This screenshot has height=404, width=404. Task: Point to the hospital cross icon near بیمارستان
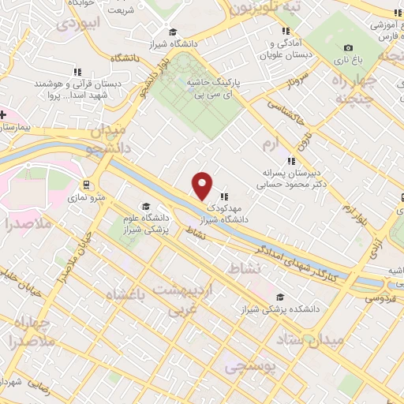(x=4, y=114)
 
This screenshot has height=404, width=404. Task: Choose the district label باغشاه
(x=132, y=296)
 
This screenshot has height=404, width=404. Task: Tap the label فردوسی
(x=381, y=297)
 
